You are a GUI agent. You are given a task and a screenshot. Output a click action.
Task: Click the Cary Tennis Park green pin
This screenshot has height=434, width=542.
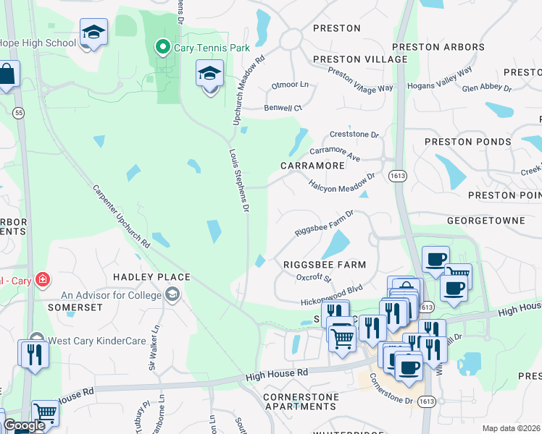click(x=161, y=49)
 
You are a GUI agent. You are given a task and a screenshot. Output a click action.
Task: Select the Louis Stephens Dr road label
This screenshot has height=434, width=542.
click(x=239, y=181)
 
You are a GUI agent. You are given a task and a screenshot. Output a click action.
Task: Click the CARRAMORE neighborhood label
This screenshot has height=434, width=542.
click(x=312, y=166)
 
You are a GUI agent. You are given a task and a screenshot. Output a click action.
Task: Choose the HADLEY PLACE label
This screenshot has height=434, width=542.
click(x=151, y=277)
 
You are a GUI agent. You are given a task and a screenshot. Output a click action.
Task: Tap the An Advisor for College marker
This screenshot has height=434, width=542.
click(x=172, y=294)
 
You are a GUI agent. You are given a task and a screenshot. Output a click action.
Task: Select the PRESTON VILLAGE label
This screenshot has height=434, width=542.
click(x=360, y=59)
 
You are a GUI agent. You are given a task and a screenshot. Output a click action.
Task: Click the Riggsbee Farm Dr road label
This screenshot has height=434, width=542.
click(x=324, y=224)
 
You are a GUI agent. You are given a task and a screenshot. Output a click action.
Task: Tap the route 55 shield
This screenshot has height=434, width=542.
click(x=18, y=113)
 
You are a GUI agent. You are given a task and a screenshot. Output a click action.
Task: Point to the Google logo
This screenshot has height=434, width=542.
click(x=24, y=425)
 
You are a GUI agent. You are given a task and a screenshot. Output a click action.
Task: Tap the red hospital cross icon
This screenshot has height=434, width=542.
click(x=43, y=278)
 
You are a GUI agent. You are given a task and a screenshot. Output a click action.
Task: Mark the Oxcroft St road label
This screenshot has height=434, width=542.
click(x=314, y=278)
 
